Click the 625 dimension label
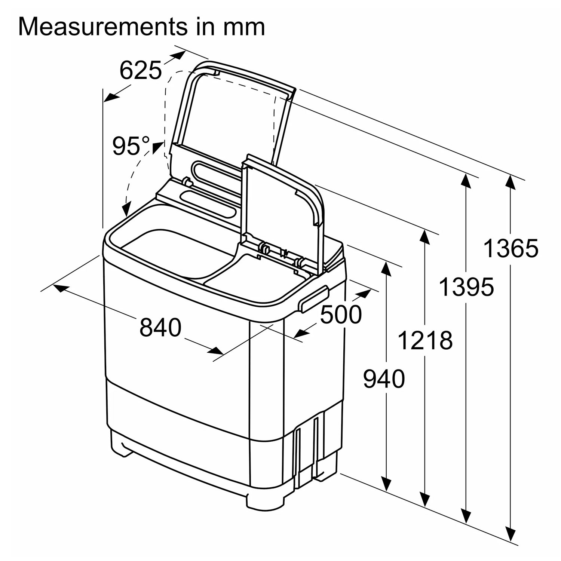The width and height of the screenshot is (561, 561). [x=141, y=70]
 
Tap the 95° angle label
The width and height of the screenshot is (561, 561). [x=131, y=145]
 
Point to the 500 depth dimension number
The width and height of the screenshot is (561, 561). [x=341, y=314]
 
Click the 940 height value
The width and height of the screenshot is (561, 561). [x=384, y=378]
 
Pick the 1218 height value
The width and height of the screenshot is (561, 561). [x=425, y=340]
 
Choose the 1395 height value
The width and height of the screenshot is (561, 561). [x=466, y=286]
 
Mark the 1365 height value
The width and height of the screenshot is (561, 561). [x=511, y=248]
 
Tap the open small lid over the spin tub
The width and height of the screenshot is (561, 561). [x=282, y=209]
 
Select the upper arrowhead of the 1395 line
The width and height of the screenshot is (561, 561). [x=466, y=183]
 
